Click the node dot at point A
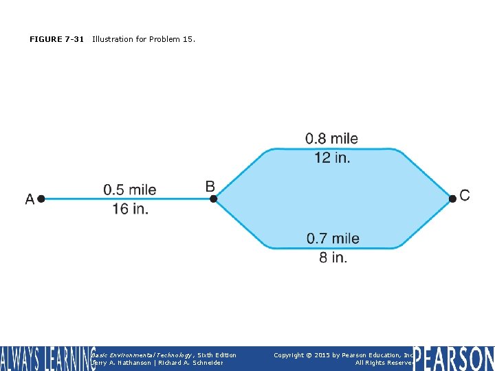[x=41, y=199]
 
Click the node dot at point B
[x=213, y=199]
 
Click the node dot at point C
[x=452, y=199]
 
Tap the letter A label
[x=30, y=199]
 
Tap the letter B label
[x=210, y=186]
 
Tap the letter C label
[x=465, y=196]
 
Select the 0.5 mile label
[x=130, y=190]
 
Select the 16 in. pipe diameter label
[x=131, y=208]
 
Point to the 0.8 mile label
[x=331, y=139]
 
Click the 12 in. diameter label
[x=332, y=157]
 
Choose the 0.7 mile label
[x=333, y=238]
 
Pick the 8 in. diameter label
[x=333, y=258]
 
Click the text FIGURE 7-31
[x=56, y=39]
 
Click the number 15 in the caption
[x=188, y=39]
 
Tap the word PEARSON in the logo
[x=454, y=359]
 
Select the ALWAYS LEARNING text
[x=47, y=359]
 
